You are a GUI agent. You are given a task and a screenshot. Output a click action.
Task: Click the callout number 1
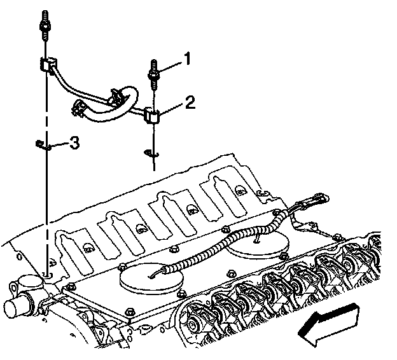tap(187, 59)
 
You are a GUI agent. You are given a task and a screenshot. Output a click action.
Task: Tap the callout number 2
tap(189, 101)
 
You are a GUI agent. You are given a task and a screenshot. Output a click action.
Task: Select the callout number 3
tap(74, 143)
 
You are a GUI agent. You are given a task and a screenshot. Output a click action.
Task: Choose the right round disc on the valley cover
tap(254, 245)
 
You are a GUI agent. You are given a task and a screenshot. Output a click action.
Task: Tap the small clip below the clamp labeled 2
tap(151, 153)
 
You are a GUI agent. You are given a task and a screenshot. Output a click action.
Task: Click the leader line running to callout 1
tap(171, 63)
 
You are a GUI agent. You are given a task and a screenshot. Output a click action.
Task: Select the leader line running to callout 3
tap(59, 145)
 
